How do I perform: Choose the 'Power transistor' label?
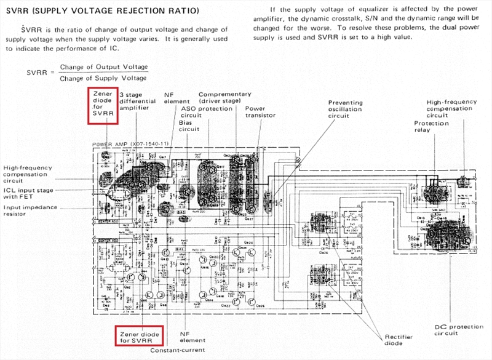[x=255, y=113]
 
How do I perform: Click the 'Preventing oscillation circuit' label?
[x=346, y=109]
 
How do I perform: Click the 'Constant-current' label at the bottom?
[x=178, y=350]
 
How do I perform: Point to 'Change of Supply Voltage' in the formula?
[x=104, y=78]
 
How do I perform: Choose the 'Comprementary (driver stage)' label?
[x=224, y=98]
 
